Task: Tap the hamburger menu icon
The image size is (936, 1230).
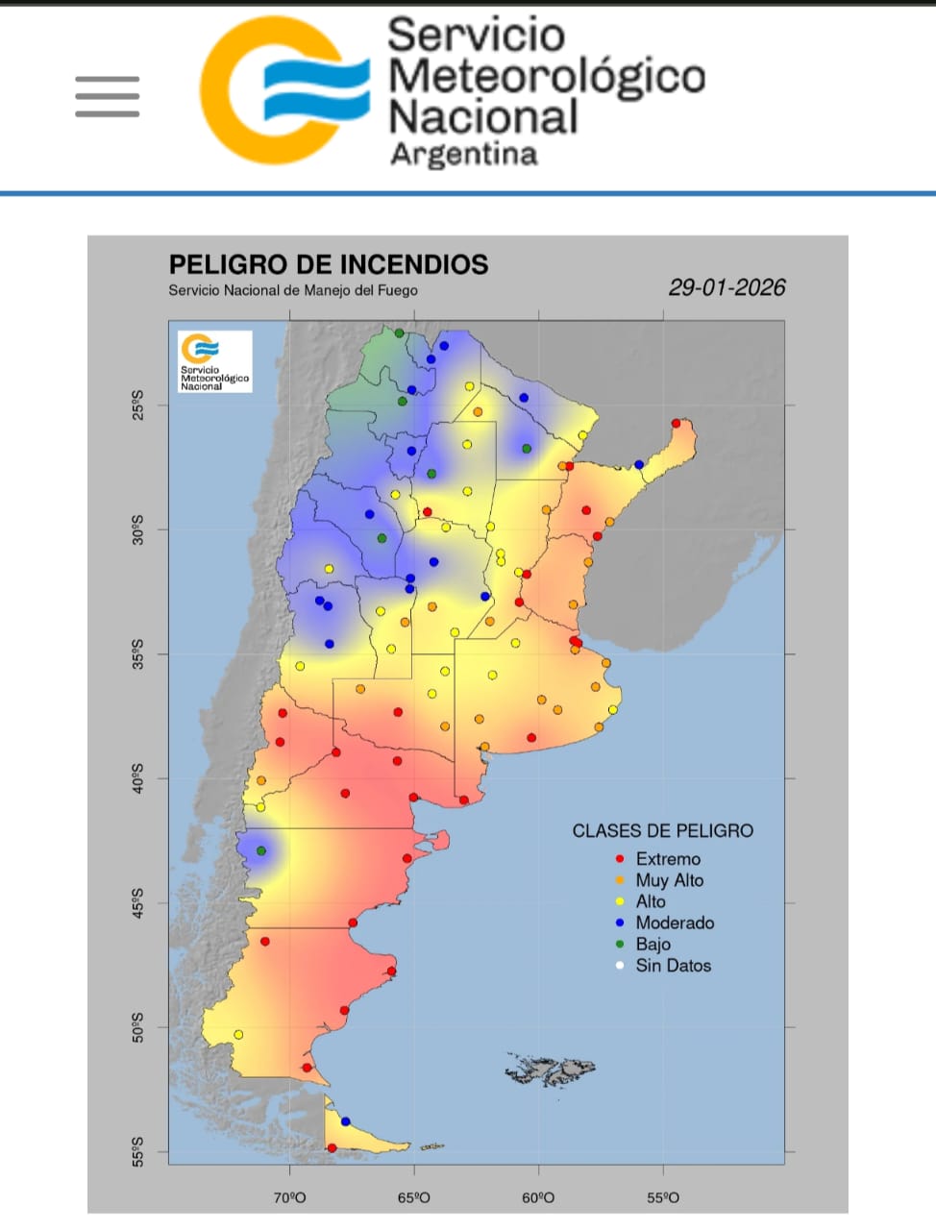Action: (x=108, y=97)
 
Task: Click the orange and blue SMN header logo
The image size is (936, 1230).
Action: (x=284, y=90)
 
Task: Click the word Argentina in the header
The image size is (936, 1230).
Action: (x=463, y=155)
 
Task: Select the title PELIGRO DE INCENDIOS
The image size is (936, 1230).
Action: (x=329, y=265)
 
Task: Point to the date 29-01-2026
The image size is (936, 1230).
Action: (x=727, y=287)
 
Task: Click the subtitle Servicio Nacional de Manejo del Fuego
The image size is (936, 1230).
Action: (x=293, y=290)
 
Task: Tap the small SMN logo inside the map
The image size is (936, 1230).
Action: (x=214, y=361)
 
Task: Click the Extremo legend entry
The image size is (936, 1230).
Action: (x=667, y=859)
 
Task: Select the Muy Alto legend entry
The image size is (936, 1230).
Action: (x=669, y=880)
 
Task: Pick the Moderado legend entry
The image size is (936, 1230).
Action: (x=675, y=922)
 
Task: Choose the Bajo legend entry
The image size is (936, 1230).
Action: (x=653, y=944)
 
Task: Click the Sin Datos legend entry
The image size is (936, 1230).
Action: (x=673, y=966)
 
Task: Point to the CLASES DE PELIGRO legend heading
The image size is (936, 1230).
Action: (x=663, y=831)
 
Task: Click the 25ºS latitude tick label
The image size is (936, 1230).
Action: (x=136, y=405)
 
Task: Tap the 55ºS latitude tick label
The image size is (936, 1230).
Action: (x=136, y=1151)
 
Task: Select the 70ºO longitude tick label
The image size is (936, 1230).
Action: (x=289, y=1197)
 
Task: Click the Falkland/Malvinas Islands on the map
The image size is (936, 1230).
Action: (x=552, y=1069)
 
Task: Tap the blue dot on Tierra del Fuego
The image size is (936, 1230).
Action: (x=346, y=1121)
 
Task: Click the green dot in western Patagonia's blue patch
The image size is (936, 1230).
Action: (x=261, y=851)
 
